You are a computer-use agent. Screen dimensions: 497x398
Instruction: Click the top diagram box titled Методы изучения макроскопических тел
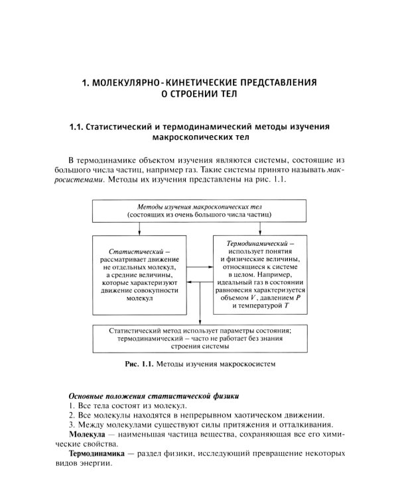(x=199, y=211)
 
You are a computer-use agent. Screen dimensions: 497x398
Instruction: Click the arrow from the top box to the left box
(x=139, y=229)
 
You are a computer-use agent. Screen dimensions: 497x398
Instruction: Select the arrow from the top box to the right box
(x=255, y=229)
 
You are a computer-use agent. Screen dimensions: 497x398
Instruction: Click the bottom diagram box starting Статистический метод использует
(x=200, y=337)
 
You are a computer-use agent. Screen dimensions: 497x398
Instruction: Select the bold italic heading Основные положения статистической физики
(x=144, y=395)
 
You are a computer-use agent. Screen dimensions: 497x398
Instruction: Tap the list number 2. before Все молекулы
(x=72, y=415)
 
